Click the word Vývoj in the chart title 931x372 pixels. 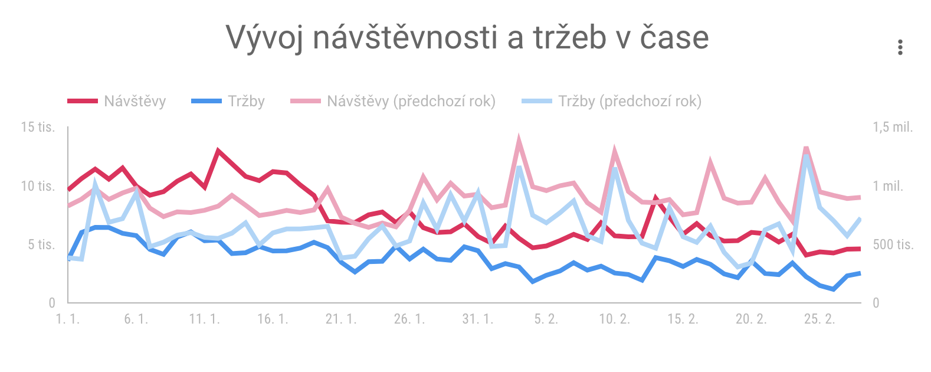(x=265, y=38)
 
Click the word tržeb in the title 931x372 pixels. (x=570, y=38)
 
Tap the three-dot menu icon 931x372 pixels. (x=900, y=47)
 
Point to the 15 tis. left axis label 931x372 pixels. (x=38, y=127)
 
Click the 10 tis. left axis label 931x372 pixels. (x=38, y=186)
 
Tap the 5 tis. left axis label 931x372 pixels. (x=41, y=244)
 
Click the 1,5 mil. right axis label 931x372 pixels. (x=893, y=127)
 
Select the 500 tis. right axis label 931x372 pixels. (x=893, y=244)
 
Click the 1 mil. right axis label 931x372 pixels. (x=887, y=186)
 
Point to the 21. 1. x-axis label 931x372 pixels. (x=341, y=319)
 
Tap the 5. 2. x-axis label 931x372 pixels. (x=546, y=319)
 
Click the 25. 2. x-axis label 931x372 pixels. (x=819, y=319)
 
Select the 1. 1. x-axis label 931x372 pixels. (x=67, y=319)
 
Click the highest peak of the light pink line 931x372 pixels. (x=519, y=140)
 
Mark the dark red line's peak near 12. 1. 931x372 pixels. (x=218, y=151)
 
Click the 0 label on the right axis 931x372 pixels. (x=876, y=303)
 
